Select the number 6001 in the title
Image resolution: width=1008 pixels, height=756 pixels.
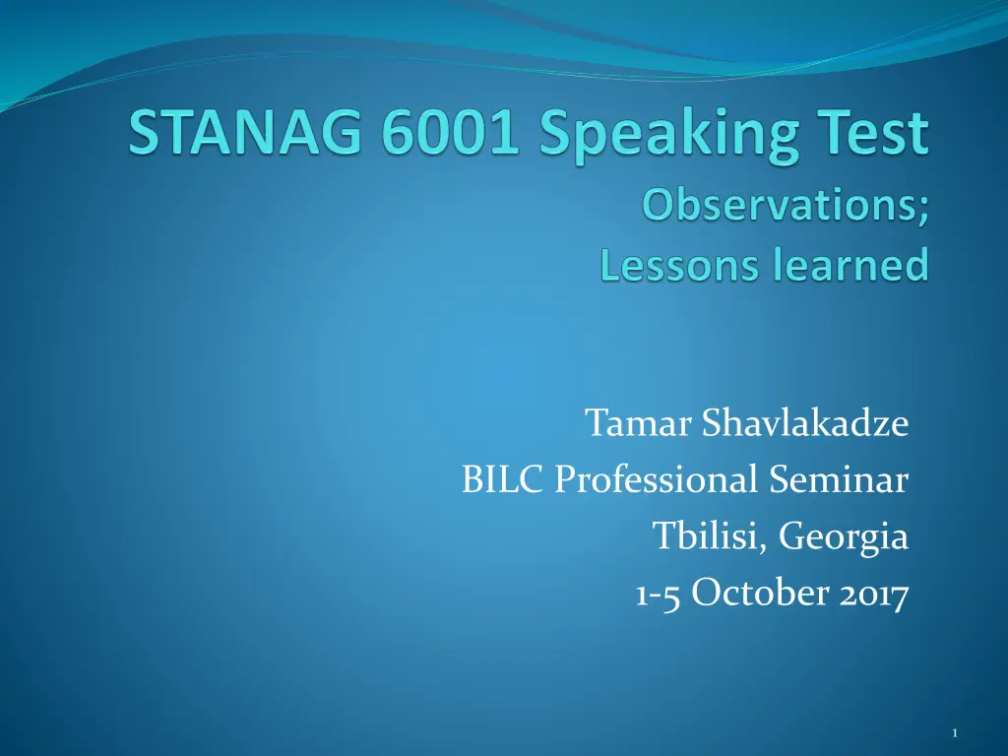(449, 133)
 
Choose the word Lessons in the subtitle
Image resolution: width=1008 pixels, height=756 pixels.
(679, 264)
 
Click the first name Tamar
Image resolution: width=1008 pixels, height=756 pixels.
(638, 422)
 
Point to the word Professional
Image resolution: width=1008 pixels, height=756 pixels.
(656, 479)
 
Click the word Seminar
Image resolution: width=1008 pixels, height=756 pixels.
(839, 479)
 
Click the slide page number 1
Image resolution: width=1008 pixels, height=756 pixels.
(955, 732)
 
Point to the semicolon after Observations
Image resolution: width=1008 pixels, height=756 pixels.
(923, 211)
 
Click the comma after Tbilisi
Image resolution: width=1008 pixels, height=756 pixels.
(764, 547)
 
